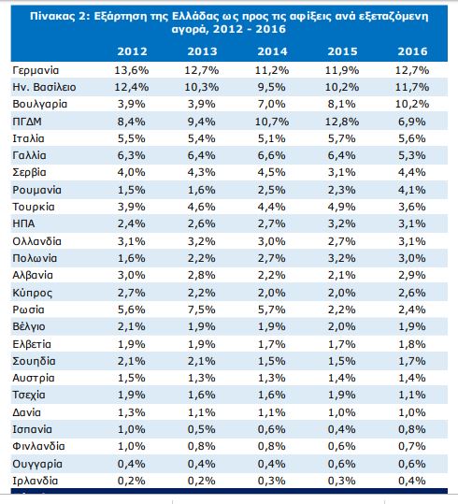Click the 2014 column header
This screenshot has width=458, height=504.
pyautogui.click(x=272, y=51)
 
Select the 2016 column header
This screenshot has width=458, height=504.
pyautogui.click(x=413, y=51)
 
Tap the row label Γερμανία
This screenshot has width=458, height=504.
pyautogui.click(x=36, y=71)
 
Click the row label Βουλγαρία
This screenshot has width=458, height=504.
pyautogui.click(x=40, y=105)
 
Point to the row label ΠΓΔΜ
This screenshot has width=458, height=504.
pyautogui.click(x=27, y=122)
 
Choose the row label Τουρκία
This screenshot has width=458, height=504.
pyautogui.click(x=34, y=207)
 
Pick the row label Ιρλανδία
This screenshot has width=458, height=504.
pyautogui.click(x=36, y=481)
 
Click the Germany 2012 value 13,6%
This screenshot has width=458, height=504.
pyautogui.click(x=132, y=70)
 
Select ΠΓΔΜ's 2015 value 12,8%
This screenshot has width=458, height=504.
pyautogui.click(x=342, y=122)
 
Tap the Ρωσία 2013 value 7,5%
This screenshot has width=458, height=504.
pyautogui.click(x=202, y=310)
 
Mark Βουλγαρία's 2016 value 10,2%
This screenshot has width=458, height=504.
pyautogui.click(x=412, y=104)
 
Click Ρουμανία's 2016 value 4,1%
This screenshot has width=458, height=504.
pyautogui.click(x=412, y=190)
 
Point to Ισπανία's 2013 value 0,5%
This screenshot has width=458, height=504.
pyautogui.click(x=202, y=429)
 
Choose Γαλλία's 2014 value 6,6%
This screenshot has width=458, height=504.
pyautogui.click(x=272, y=155)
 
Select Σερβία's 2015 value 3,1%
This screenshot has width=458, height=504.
pyautogui.click(x=342, y=172)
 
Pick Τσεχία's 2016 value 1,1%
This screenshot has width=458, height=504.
pyautogui.click(x=412, y=395)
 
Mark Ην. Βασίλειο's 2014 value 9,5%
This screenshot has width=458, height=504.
pyautogui.click(x=272, y=87)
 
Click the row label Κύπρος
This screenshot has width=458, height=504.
pyautogui.click(x=32, y=293)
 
